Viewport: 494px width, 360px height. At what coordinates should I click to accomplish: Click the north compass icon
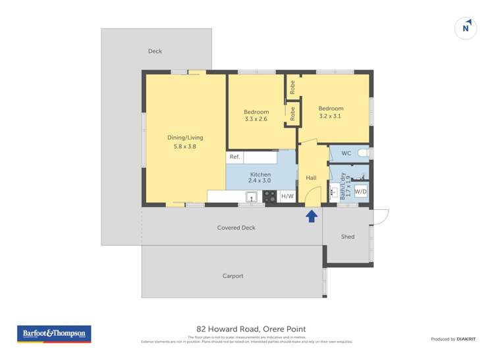tap(466, 28)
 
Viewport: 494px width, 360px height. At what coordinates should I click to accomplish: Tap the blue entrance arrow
tap(312, 216)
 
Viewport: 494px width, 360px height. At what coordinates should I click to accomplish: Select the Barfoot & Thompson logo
tap(55, 334)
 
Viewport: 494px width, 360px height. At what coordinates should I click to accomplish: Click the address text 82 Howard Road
tap(251, 329)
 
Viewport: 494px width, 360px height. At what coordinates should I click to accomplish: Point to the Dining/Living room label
tap(185, 138)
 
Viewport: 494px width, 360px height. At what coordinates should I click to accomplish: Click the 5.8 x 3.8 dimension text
tap(185, 147)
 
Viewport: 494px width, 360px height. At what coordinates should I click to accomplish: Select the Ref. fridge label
tap(234, 157)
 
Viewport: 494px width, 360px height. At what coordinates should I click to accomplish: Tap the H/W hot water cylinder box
tap(287, 196)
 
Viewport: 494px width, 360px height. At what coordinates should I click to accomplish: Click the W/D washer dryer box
tap(361, 192)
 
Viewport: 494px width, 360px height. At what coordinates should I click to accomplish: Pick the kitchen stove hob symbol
tap(269, 196)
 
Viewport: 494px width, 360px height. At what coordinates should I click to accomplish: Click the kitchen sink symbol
tap(251, 196)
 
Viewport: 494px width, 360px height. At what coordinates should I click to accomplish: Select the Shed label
tap(348, 237)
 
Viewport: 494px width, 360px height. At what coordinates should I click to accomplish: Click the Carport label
tap(233, 276)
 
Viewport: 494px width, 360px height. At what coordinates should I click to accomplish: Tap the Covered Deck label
tap(236, 228)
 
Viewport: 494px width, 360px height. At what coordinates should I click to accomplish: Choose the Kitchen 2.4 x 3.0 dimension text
tap(260, 180)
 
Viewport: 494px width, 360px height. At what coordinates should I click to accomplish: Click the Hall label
tap(312, 178)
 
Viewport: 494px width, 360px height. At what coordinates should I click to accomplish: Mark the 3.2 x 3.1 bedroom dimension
tap(331, 116)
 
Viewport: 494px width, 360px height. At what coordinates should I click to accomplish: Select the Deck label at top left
tap(155, 51)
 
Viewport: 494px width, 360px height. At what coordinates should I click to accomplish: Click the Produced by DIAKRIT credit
tap(453, 339)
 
